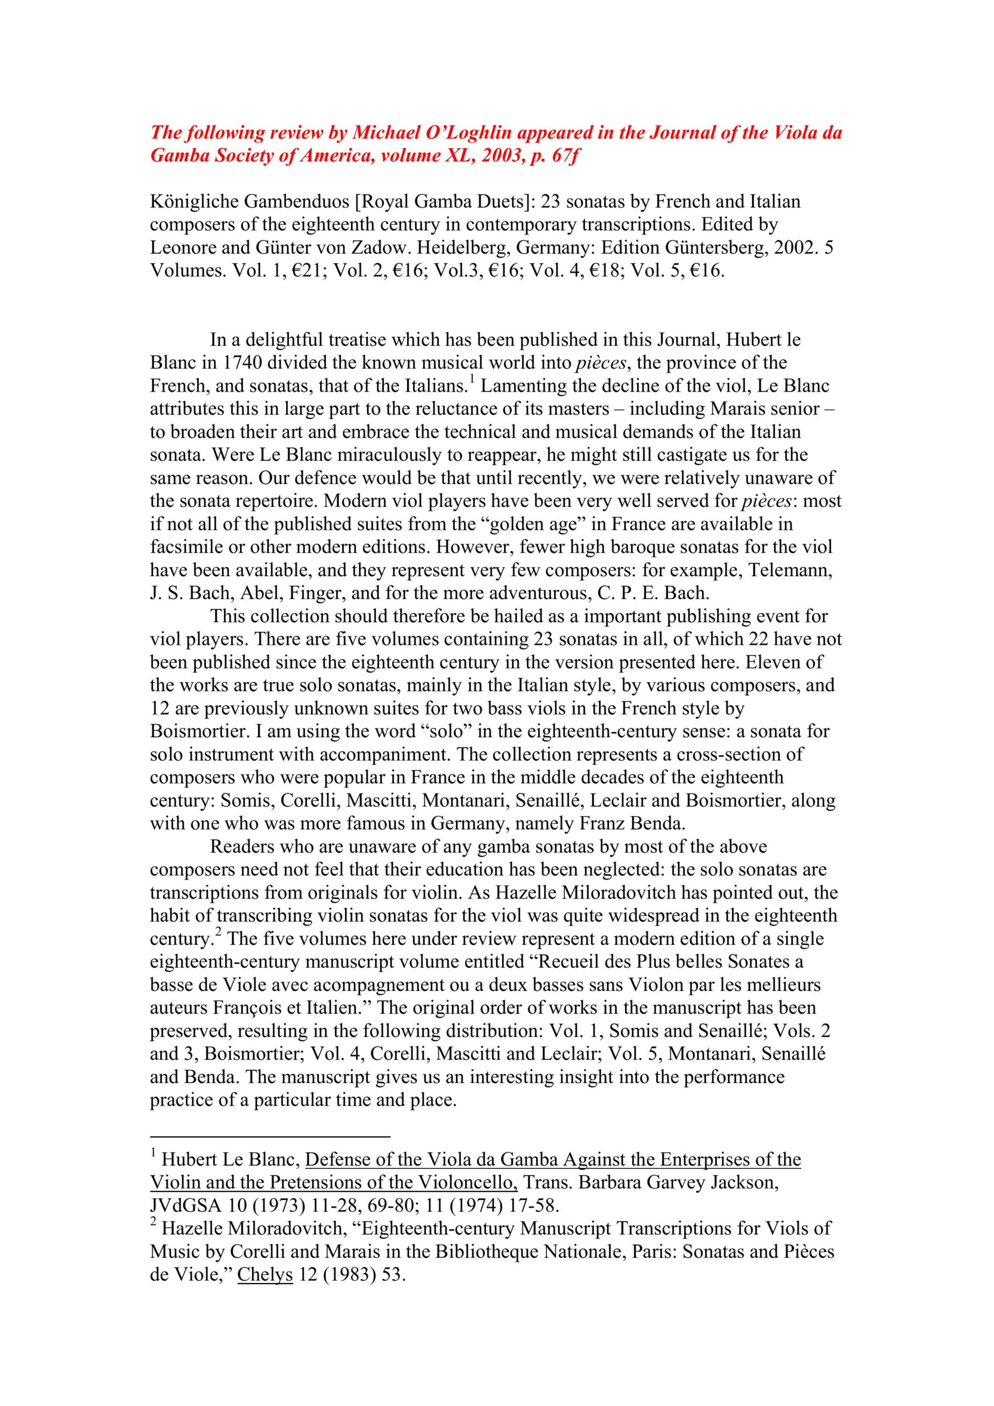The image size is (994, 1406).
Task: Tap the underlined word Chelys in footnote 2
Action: click(x=265, y=1275)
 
